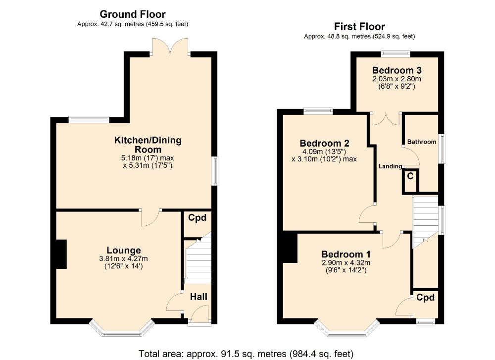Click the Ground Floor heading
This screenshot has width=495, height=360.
click(x=133, y=14)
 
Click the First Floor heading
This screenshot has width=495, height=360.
click(x=359, y=27)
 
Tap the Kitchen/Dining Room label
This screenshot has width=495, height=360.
click(x=148, y=145)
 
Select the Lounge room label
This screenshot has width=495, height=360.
click(x=124, y=250)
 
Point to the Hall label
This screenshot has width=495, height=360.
click(x=198, y=297)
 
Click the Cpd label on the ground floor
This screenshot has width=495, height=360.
click(x=197, y=217)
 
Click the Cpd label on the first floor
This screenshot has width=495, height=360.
click(x=425, y=298)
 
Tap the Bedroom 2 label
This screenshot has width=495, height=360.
click(x=324, y=144)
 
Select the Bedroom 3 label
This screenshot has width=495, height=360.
click(x=397, y=69)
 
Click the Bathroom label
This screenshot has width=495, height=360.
click(x=422, y=142)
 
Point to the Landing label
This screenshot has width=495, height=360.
click(x=390, y=166)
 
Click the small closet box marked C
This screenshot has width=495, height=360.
click(x=410, y=180)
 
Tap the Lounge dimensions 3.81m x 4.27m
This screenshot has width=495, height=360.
click(x=124, y=258)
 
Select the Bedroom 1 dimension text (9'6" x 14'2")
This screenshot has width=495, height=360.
click(x=346, y=270)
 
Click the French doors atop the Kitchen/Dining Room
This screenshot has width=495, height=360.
click(x=171, y=47)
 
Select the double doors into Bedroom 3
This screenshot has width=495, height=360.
click(x=386, y=119)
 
